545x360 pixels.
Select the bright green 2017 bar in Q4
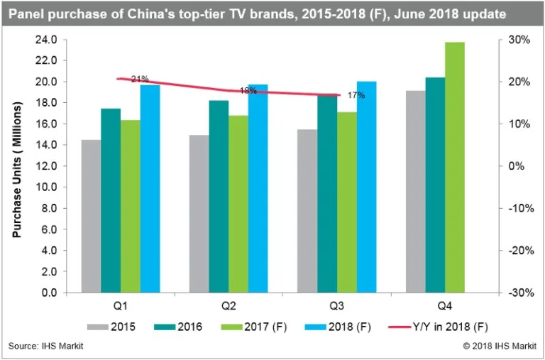(455, 167)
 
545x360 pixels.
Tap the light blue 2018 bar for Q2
(258, 188)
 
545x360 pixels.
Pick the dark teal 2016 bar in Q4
(435, 185)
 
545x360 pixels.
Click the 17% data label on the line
(356, 94)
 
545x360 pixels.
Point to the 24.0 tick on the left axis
(47, 40)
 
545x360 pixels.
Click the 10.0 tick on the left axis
(47, 187)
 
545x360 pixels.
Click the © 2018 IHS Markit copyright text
(496, 347)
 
